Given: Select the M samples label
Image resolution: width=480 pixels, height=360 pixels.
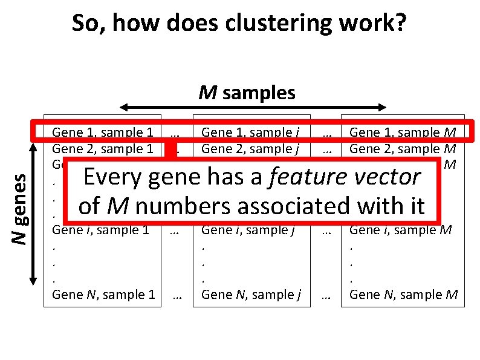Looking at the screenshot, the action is click(248, 93).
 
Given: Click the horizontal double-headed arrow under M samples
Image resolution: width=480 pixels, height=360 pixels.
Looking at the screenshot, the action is click(253, 108).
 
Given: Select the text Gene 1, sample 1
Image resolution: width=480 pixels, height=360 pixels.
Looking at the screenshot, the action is click(102, 132).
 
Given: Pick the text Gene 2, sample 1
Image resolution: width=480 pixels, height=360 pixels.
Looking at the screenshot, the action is click(102, 148).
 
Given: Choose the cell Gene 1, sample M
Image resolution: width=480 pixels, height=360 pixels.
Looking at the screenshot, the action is click(403, 132).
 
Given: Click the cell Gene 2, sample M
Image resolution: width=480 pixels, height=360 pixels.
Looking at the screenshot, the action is click(403, 148).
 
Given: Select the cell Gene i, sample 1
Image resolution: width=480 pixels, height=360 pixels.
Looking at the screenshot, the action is click(101, 230).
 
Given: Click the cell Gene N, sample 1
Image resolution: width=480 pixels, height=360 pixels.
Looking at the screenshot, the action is click(103, 295).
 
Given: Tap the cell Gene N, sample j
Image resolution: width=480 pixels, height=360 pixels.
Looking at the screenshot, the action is click(251, 295).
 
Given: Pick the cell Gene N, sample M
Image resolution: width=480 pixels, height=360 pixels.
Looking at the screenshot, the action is click(403, 295).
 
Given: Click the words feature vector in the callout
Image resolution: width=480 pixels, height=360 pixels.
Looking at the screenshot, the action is click(345, 177).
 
